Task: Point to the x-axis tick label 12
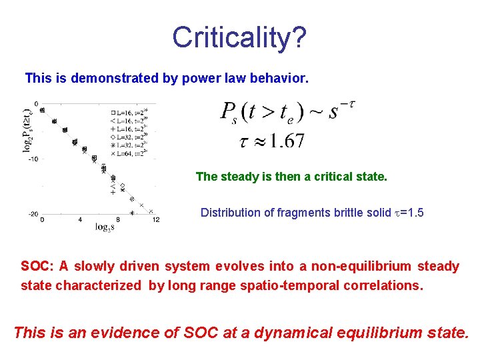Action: click(155, 219)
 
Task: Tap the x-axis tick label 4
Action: click(81, 219)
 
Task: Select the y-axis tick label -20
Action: click(32, 213)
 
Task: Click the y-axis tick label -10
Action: click(32, 158)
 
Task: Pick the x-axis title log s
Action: click(103, 227)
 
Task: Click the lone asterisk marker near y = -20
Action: click(133, 213)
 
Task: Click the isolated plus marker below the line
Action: click(114, 192)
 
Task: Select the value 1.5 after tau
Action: click(410, 213)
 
